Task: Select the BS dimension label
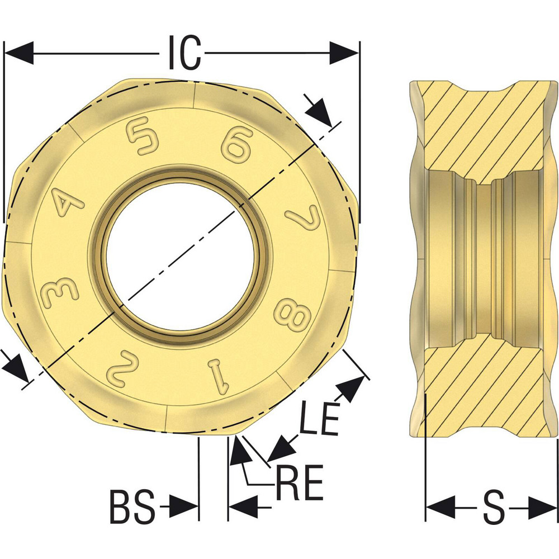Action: click(x=132, y=506)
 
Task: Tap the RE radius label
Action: click(x=299, y=484)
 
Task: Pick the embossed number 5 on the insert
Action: click(x=140, y=138)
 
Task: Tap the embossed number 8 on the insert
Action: click(x=292, y=318)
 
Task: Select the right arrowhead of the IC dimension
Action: click(x=344, y=54)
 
